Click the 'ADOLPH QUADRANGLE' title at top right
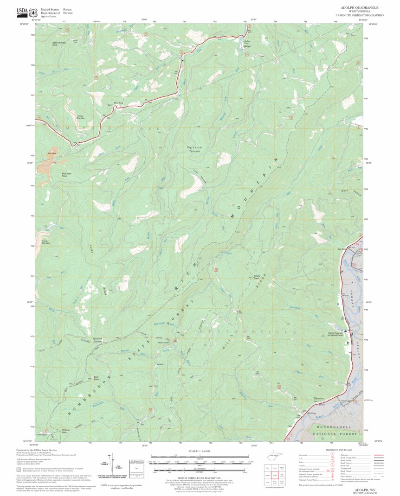click(x=360, y=8)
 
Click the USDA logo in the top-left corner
click(x=22, y=11)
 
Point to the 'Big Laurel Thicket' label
click(x=196, y=149)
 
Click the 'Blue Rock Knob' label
click(x=68, y=175)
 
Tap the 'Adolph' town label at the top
click(x=247, y=46)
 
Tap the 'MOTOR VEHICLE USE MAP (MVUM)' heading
click(x=200, y=478)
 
